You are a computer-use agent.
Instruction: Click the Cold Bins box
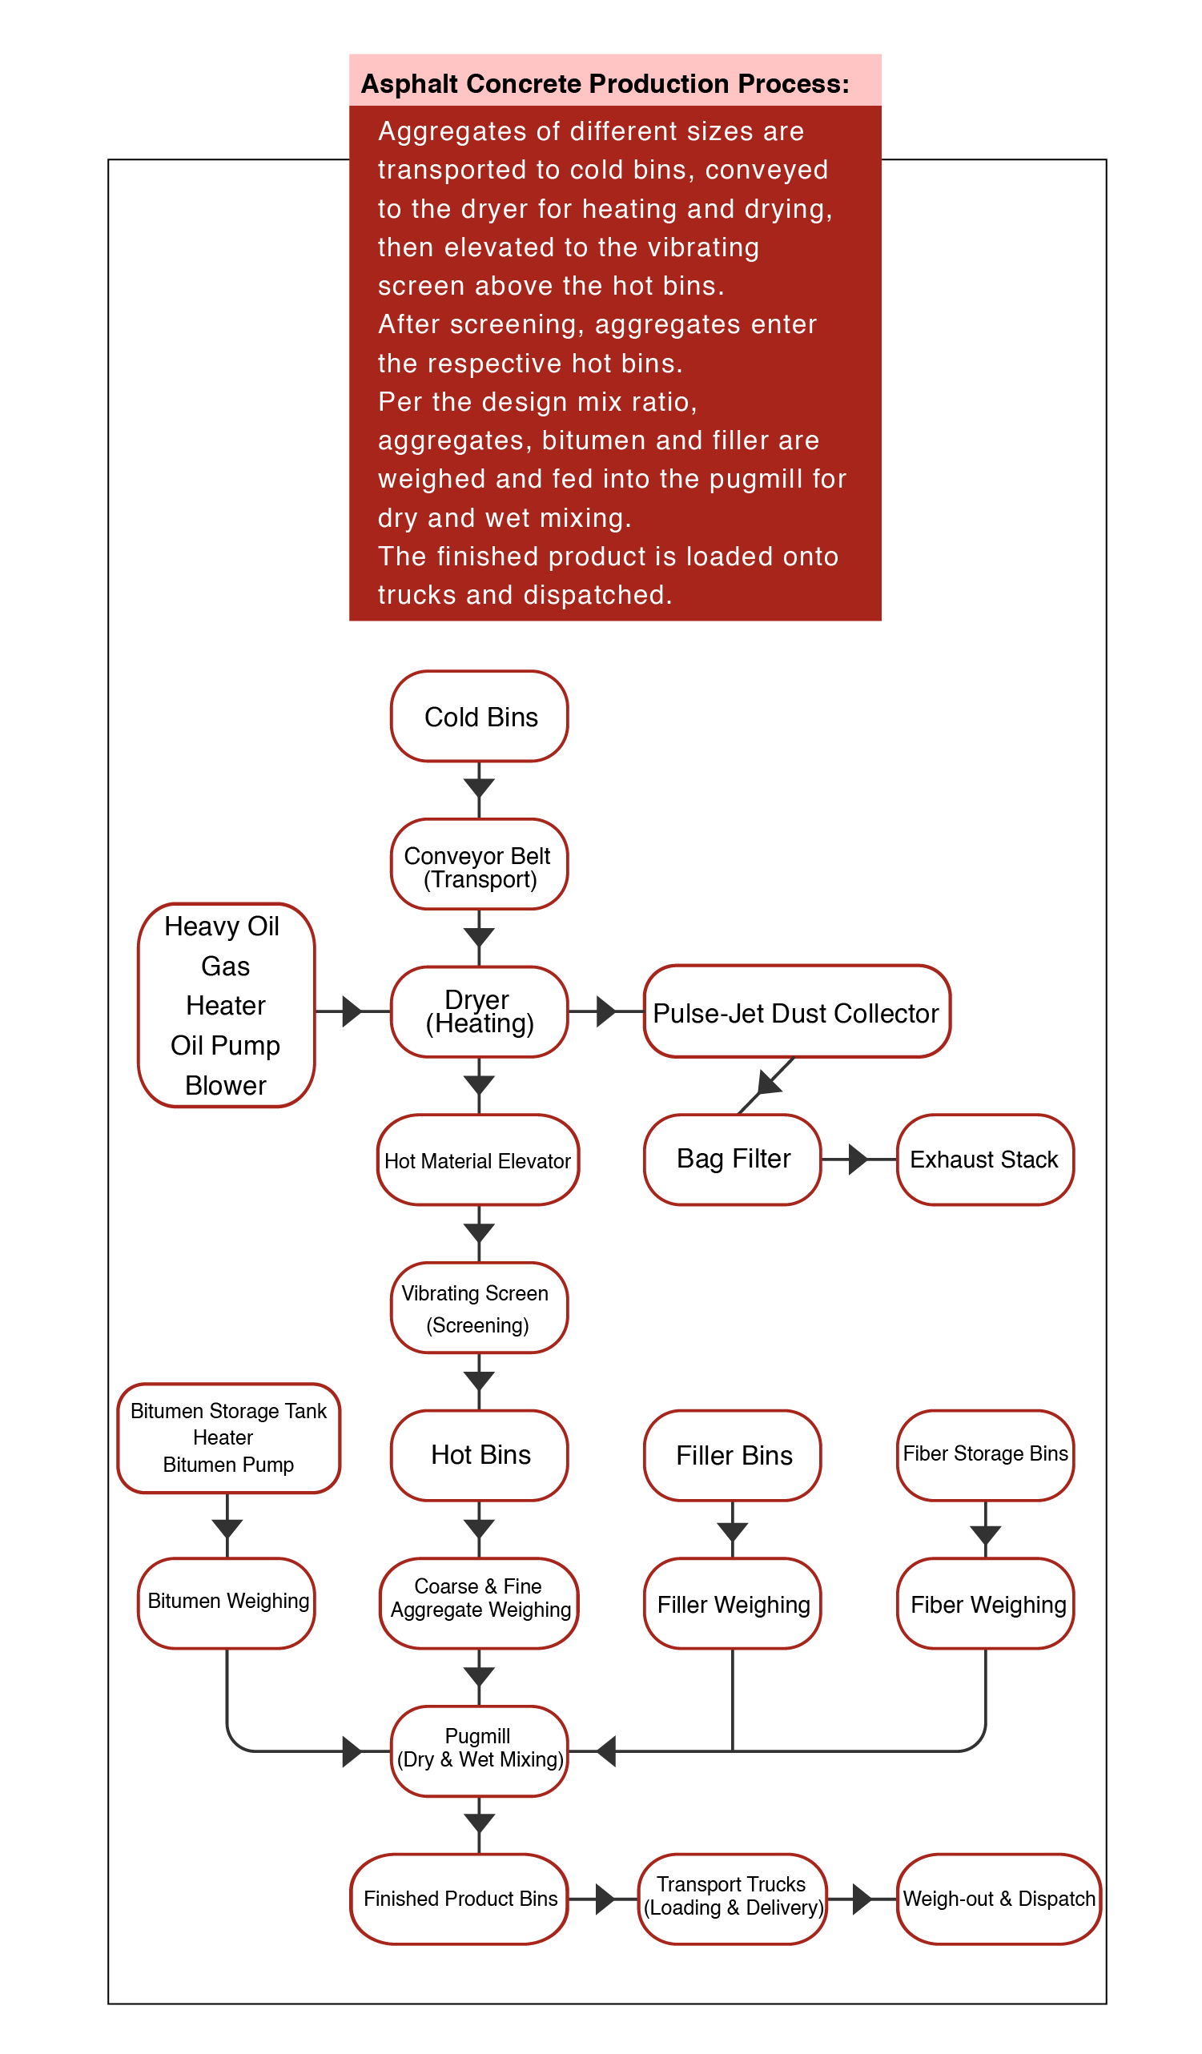click(479, 716)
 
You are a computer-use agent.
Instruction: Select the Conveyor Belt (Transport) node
click(479, 864)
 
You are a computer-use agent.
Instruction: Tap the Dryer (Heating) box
click(479, 1011)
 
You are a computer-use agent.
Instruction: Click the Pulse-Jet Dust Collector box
click(797, 1011)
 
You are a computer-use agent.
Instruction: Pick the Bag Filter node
click(733, 1159)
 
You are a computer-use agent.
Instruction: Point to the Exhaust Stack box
click(985, 1159)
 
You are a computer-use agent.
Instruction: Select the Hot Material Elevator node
click(478, 1159)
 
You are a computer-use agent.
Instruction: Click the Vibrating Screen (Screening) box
click(479, 1308)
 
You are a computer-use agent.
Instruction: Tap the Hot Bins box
click(479, 1455)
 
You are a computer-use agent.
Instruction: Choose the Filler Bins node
click(733, 1455)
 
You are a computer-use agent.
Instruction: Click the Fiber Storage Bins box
click(985, 1455)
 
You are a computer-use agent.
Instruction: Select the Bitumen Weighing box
click(227, 1603)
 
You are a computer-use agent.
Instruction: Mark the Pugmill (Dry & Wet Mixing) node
click(479, 1751)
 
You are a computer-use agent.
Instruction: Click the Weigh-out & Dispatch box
click(999, 1899)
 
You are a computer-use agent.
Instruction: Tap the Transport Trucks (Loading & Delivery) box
click(733, 1899)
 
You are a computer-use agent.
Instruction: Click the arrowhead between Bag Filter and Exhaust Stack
click(858, 1159)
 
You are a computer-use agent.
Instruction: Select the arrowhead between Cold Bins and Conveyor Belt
click(479, 787)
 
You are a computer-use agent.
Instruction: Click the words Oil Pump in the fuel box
click(225, 1045)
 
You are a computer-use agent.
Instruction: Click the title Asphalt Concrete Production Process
click(605, 83)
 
